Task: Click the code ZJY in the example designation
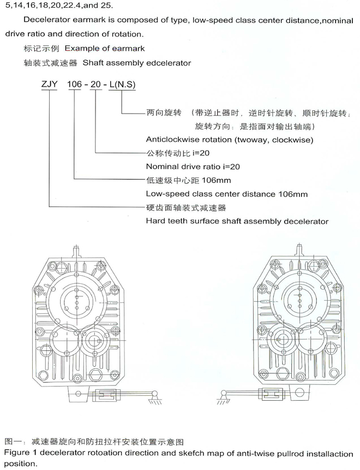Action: [49, 84]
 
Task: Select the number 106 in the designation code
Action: [74, 84]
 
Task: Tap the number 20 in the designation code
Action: [95, 84]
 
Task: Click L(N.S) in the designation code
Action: [122, 85]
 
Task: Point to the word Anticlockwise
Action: [172, 140]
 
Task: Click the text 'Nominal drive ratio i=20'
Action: [193, 166]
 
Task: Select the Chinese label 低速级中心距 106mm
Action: [188, 180]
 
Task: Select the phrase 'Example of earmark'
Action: [105, 48]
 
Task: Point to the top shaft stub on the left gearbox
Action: [77, 251]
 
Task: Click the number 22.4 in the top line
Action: [72, 6]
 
